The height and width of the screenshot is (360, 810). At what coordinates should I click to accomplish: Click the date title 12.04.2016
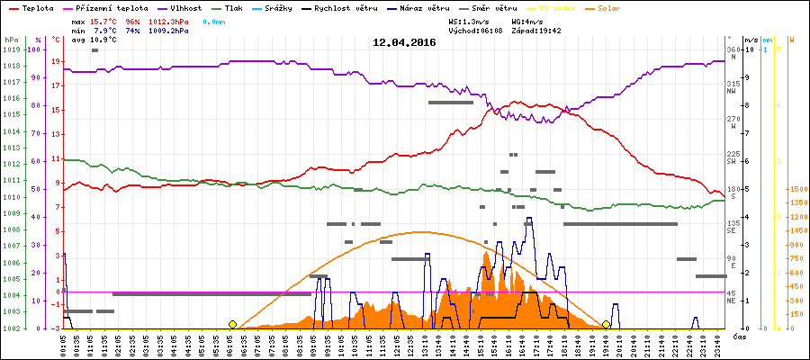pyautogui.click(x=403, y=41)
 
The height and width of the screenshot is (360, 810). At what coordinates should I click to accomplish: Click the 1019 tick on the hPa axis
pyautogui.click(x=11, y=50)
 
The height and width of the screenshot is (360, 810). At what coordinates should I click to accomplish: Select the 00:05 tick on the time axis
pyautogui.click(x=63, y=344)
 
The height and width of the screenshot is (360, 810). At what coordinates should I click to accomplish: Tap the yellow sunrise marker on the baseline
pyautogui.click(x=232, y=324)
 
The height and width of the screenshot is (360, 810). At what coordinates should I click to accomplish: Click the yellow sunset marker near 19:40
pyautogui.click(x=607, y=324)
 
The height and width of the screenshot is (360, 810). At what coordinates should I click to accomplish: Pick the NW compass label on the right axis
pyautogui.click(x=732, y=91)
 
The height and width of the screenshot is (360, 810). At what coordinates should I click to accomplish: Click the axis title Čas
pyautogui.click(x=738, y=336)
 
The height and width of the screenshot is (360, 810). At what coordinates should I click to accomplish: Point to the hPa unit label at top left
pyautogui.click(x=11, y=40)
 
